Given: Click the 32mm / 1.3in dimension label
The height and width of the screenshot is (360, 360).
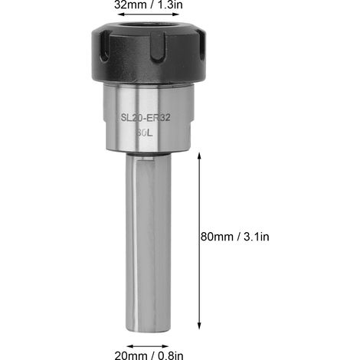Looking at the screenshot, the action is (x=149, y=5).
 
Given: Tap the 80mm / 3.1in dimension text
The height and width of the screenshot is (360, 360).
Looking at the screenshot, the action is (x=235, y=237).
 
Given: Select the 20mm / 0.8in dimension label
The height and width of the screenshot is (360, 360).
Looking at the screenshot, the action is (x=149, y=355).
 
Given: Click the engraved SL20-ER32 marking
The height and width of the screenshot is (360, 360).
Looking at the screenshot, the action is (x=146, y=118).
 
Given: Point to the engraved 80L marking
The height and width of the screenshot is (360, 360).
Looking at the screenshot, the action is (x=144, y=133).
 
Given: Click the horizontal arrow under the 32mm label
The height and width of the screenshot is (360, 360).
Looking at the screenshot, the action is (x=149, y=15).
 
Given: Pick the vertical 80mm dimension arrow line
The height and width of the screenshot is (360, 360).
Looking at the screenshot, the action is (x=199, y=241).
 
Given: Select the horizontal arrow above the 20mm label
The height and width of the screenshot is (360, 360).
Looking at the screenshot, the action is (x=148, y=346).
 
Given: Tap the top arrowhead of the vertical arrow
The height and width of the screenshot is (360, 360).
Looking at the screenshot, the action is (x=199, y=156).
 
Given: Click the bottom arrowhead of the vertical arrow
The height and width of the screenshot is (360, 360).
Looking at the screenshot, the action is (x=199, y=326).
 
